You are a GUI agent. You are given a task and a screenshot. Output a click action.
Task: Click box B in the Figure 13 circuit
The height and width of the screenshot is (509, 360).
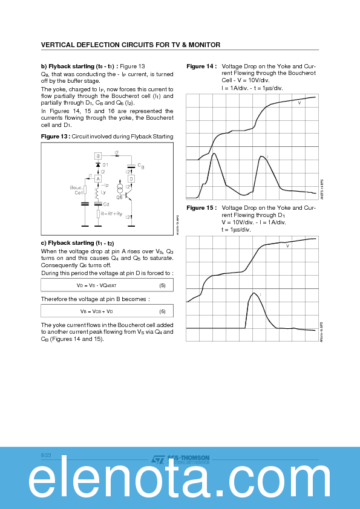pos(97,156)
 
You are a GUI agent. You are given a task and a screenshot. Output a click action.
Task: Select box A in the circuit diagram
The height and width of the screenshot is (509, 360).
pos(97,179)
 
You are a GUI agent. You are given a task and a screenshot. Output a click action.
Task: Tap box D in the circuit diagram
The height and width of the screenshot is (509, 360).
pos(131,179)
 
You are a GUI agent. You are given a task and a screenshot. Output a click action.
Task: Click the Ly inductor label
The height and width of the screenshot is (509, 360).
pos(103,192)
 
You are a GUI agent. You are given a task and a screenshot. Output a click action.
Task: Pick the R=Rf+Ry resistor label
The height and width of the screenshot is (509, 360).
pos(112,213)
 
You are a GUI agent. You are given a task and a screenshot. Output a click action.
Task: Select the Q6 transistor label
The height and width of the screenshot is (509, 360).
pos(119,197)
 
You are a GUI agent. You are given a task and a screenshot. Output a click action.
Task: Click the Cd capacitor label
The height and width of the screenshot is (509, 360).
pos(106,204)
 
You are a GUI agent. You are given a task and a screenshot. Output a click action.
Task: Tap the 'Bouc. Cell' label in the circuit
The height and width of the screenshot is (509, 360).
pos(76,190)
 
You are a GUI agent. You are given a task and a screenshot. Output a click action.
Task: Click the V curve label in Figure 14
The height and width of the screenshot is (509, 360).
pos(299,103)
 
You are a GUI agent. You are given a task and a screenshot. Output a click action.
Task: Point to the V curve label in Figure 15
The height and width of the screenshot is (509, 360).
pos(287,246)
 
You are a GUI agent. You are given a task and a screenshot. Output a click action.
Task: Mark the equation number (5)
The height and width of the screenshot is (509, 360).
pos(162,285)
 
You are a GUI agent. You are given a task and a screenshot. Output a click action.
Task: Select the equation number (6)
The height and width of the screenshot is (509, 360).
pos(162,311)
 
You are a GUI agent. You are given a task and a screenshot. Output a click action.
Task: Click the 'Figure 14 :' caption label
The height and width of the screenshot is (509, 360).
pos(201,66)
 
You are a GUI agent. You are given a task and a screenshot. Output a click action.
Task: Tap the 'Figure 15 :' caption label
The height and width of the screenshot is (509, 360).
pos(201,207)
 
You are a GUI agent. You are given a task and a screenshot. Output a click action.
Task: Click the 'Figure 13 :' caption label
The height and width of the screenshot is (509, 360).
pos(55,137)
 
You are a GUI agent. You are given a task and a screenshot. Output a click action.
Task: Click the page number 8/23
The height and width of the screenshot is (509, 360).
pos(46,454)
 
